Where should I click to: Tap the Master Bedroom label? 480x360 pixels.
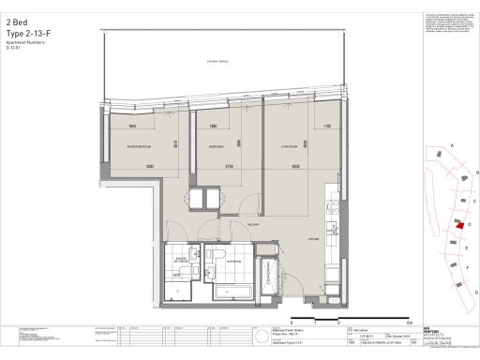tap(141, 148)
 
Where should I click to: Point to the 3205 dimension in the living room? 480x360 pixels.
tap(295, 167)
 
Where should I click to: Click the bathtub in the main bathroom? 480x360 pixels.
tap(234, 292)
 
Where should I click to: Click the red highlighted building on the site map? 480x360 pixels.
tap(458, 225)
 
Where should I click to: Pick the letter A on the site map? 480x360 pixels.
tap(452, 146)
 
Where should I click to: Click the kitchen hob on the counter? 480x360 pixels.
tap(331, 228)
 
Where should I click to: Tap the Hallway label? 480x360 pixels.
tap(253, 225)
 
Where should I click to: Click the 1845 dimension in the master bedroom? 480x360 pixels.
tap(133, 126)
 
